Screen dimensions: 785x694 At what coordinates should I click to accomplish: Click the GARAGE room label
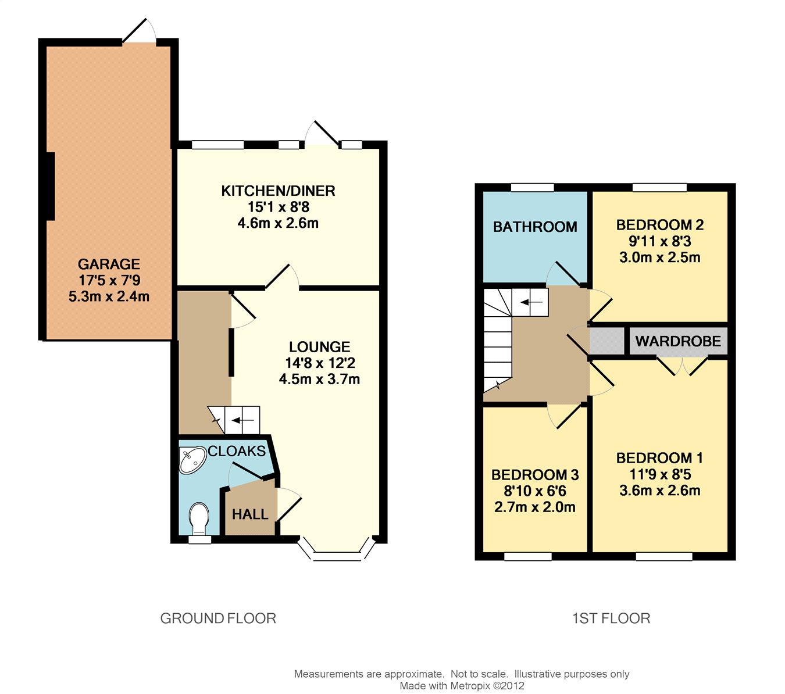109,264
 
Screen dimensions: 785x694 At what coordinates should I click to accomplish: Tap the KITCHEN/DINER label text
278,191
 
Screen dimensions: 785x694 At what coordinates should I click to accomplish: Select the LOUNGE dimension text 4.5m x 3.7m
319,379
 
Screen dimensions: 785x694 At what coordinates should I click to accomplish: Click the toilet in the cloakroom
199,518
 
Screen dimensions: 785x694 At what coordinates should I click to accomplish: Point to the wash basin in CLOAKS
192,460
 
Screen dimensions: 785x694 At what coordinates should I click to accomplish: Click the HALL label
250,514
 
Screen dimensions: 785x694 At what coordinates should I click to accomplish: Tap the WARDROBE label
678,341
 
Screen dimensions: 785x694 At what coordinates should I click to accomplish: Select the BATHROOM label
535,227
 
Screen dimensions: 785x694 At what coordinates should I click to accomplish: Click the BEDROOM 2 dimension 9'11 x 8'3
660,241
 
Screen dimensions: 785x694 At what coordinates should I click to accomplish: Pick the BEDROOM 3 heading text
535,475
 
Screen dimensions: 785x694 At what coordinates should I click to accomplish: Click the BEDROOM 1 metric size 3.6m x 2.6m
660,491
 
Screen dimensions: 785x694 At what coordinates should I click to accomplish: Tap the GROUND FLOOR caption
218,618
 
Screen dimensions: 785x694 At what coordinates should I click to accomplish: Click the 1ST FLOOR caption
611,618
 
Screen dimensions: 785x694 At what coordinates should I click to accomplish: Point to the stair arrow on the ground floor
243,420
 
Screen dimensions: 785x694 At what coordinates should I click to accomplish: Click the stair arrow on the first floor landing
531,302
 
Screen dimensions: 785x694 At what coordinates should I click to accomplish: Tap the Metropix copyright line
462,686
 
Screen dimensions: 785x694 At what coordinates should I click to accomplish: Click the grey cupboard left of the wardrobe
606,341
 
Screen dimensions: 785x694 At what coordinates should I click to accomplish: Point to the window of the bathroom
533,188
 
